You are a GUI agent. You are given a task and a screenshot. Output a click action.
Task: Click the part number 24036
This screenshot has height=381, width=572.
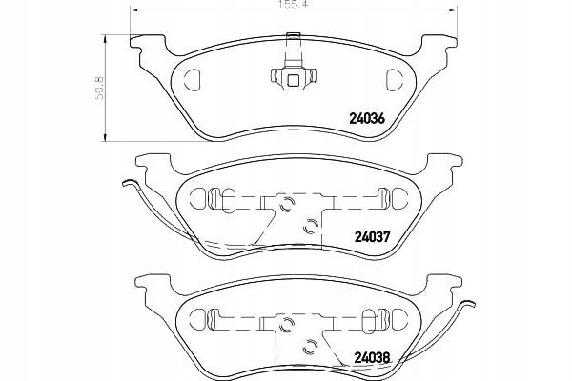pyautogui.click(x=367, y=118)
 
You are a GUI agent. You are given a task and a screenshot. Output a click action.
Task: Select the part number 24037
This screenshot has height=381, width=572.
pyautogui.click(x=373, y=236)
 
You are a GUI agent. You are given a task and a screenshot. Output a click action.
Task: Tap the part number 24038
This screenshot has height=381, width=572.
pyautogui.click(x=373, y=358)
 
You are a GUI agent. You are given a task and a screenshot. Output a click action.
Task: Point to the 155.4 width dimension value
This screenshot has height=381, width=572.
pyautogui.click(x=294, y=5)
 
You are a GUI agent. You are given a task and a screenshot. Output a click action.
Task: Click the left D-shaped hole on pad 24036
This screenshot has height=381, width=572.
pyautogui.click(x=193, y=78)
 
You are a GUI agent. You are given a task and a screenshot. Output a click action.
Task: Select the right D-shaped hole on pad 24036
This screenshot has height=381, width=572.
pyautogui.click(x=394, y=79)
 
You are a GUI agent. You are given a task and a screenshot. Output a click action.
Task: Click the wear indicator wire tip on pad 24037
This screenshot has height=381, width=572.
pyautogui.click(x=129, y=183)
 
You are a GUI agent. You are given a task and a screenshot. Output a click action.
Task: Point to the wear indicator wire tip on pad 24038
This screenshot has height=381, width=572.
pyautogui.click(x=470, y=303)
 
